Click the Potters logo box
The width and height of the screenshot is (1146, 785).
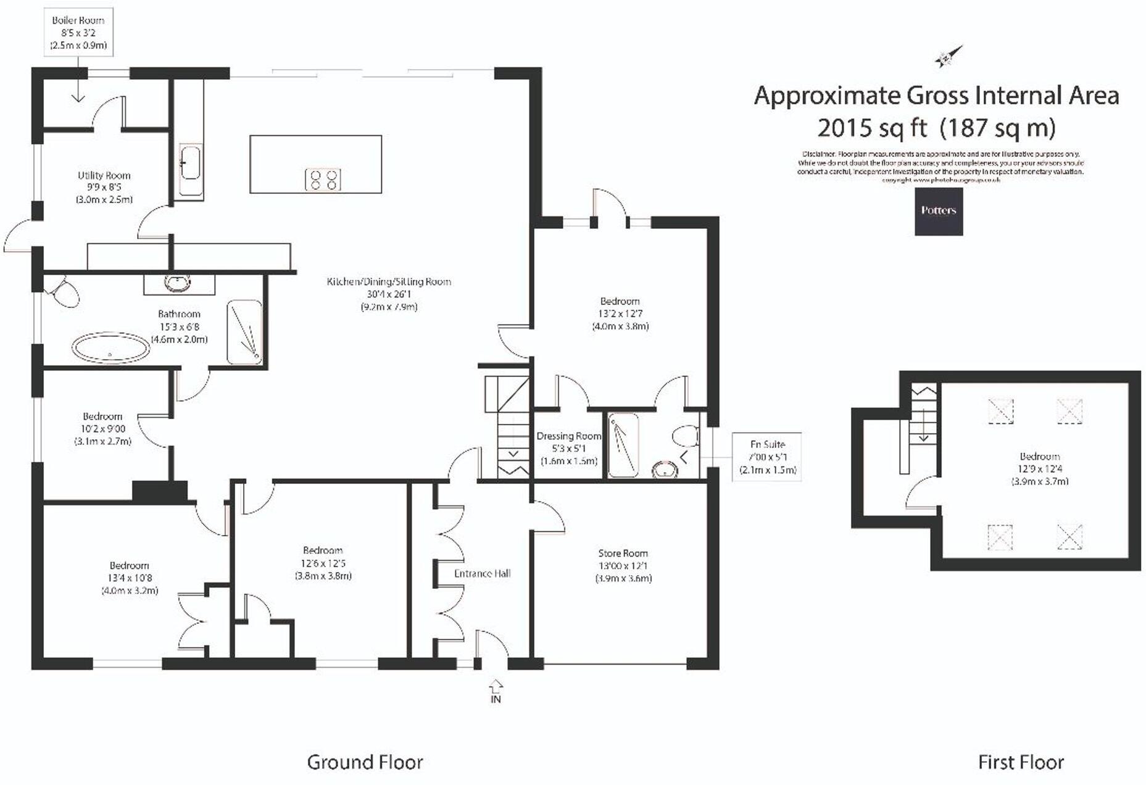tap(938, 211)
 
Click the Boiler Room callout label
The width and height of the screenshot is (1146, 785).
tap(78, 33)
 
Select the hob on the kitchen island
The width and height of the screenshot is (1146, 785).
tap(323, 179)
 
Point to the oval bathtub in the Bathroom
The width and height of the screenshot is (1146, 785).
tap(110, 348)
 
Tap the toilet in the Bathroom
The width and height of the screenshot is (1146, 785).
tap(64, 292)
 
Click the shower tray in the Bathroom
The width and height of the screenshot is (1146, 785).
tap(244, 332)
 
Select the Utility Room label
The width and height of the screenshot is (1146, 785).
tap(104, 187)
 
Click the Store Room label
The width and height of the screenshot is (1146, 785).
tap(623, 565)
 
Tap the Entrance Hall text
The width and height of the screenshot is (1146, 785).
tap(482, 573)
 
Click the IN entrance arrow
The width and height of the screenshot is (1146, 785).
tap(496, 690)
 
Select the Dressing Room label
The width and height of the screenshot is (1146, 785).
tap(568, 448)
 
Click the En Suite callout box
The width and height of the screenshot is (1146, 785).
tap(767, 457)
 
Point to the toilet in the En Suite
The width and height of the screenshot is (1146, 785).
tap(685, 436)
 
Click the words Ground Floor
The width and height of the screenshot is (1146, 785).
tap(365, 762)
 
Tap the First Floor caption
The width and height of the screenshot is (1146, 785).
tap(1021, 762)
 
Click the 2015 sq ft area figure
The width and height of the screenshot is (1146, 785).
tap(872, 128)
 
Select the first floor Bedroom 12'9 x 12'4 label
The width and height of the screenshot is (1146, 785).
tap(1039, 468)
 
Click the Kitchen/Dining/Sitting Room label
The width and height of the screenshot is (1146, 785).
tap(389, 294)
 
